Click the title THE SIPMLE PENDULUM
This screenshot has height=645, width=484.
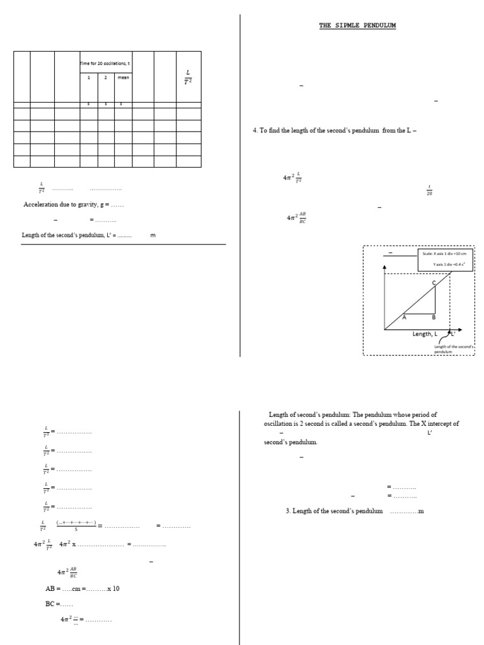357,26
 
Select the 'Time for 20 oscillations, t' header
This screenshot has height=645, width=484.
106,64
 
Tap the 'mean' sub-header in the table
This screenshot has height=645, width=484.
123,77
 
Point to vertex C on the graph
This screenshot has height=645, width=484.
434,283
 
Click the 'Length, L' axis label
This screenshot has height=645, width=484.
426,334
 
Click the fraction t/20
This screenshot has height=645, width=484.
429,190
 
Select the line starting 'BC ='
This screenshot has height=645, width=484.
64,604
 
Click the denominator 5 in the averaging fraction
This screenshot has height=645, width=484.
76,530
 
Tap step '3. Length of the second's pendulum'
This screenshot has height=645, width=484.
334,511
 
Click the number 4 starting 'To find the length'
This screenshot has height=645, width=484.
255,130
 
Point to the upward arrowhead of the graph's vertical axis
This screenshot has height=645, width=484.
384,268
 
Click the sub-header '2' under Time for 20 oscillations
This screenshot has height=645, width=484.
105,77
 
